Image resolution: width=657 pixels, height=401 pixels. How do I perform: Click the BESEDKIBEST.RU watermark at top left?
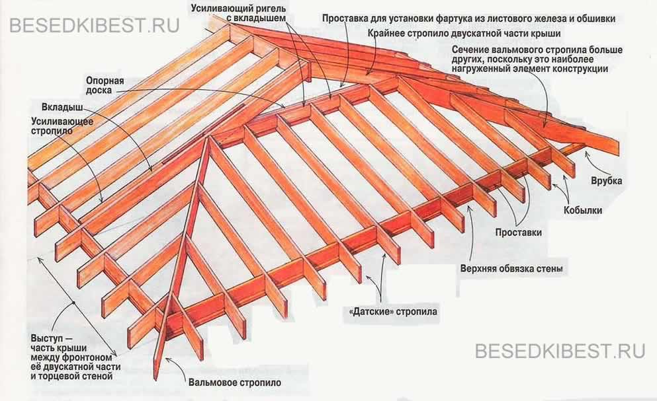tap(95, 27)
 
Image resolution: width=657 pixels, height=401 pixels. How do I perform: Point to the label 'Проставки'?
tap(519, 233)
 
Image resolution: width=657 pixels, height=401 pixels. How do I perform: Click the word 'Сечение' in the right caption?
tap(472, 50)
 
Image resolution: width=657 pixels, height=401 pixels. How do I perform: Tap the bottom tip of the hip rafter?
tap(156, 378)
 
